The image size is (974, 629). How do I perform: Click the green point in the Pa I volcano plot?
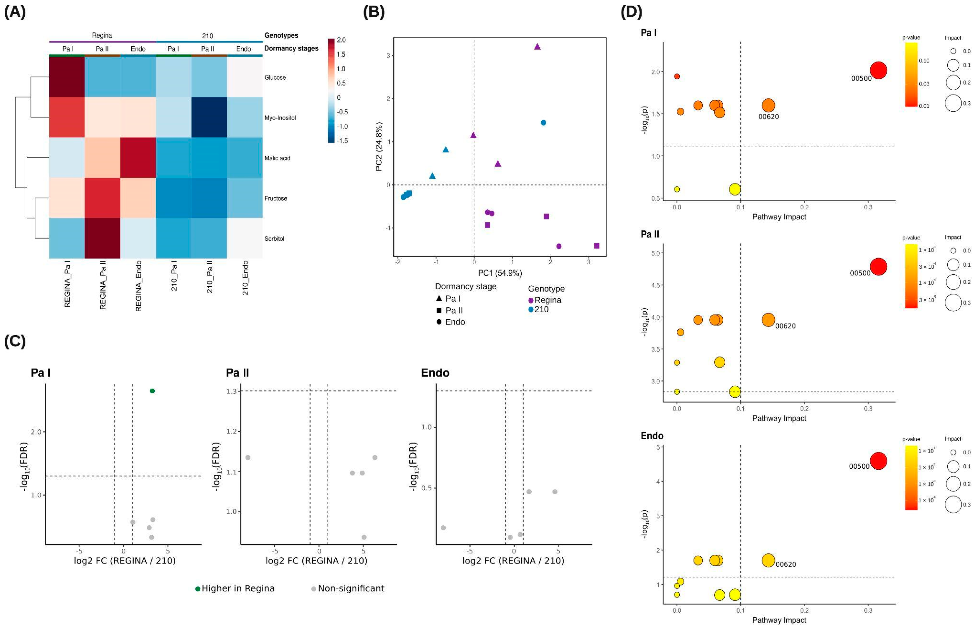click(152, 391)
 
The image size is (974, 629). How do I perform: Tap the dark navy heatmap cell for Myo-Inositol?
click(209, 117)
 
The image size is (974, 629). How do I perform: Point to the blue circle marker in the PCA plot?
click(543, 122)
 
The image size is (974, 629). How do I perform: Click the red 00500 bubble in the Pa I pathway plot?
click(878, 70)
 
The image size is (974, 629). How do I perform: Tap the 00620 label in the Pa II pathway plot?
click(785, 326)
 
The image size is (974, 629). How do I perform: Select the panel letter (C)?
click(15, 341)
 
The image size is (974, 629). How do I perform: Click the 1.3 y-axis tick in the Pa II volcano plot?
click(232, 391)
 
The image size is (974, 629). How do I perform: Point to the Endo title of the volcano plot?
click(435, 373)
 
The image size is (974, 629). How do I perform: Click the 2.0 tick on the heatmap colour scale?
click(341, 40)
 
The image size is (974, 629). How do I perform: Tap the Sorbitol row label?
click(274, 239)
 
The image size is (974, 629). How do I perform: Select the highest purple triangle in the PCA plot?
click(537, 47)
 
